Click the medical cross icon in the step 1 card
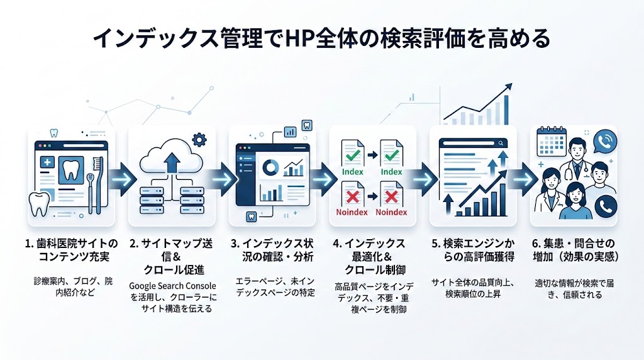47,163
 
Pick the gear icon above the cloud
199,139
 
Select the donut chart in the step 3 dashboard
272,166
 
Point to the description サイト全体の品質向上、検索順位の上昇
474,289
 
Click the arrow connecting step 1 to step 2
121,178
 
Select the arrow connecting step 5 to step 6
523,178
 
